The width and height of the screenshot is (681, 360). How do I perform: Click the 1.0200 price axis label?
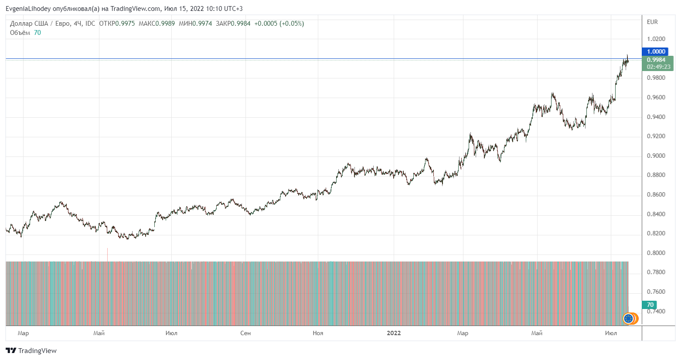point(656,39)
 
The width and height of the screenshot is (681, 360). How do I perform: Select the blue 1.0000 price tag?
point(655,51)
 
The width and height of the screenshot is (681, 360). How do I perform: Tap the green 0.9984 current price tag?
point(657,60)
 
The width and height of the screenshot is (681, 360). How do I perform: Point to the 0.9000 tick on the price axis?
point(656,156)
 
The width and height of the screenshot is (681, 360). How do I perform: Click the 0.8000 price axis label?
point(656,253)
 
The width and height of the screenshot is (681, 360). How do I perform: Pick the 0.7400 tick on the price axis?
point(656,311)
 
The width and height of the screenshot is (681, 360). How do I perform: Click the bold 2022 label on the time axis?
point(394,333)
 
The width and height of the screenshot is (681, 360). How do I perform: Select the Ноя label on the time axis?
point(318,333)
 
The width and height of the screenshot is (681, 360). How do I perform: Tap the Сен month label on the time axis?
point(245,333)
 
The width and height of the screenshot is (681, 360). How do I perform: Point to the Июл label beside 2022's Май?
point(611,333)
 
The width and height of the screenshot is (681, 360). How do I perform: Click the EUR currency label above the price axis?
point(652,22)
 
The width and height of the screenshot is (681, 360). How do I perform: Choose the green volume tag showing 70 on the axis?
point(650,305)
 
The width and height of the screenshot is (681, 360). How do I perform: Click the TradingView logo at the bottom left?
point(31,350)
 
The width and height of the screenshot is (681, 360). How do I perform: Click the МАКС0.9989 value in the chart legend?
point(157,24)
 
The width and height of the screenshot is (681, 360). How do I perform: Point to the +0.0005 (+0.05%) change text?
point(279,24)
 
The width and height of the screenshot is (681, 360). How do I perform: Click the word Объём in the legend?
point(20,33)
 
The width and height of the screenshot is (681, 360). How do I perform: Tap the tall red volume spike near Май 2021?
point(107,255)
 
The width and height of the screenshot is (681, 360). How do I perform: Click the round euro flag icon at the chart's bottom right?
point(628,319)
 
